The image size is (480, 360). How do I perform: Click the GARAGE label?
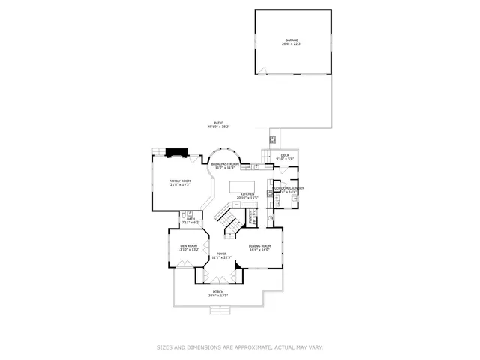pyautogui.click(x=291, y=40)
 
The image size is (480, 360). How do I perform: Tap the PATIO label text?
pyautogui.click(x=219, y=123)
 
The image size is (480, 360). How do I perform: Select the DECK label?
pyautogui.click(x=285, y=156)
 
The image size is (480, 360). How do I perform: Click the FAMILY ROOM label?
pyautogui.click(x=179, y=181)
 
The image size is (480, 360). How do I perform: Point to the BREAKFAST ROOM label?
pyautogui.click(x=225, y=163)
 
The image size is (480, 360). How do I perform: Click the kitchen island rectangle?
pyautogui.click(x=242, y=185)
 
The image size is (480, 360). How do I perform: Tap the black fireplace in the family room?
pyautogui.click(x=176, y=152)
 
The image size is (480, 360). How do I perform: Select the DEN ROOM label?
pyautogui.click(x=188, y=246)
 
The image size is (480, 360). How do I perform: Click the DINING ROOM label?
pyautogui.click(x=259, y=246)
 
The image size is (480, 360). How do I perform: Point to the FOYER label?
pyautogui.click(x=222, y=253)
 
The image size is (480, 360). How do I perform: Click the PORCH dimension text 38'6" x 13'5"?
pyautogui.click(x=218, y=295)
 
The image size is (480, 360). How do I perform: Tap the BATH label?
pyautogui.click(x=192, y=219)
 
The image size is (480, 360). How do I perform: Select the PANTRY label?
pyautogui.click(x=253, y=218)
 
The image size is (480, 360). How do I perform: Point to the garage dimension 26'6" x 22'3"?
pyautogui.click(x=291, y=44)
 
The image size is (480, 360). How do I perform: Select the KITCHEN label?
pyautogui.click(x=247, y=194)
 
